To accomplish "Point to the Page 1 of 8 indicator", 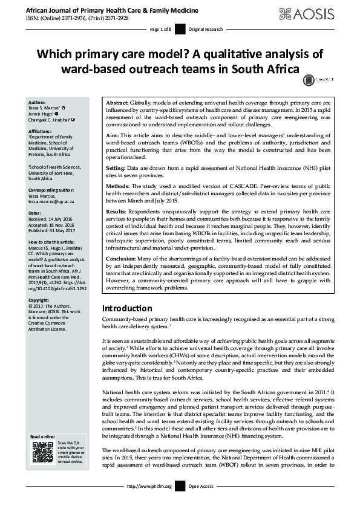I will coord(162,29).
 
